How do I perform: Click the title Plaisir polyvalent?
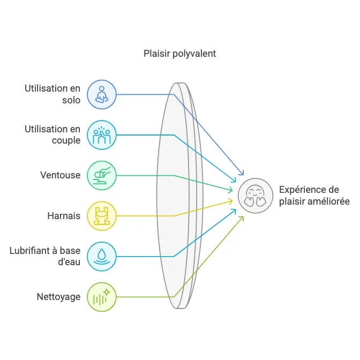pyautogui.click(x=179, y=54)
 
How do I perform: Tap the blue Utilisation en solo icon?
pyautogui.click(x=101, y=94)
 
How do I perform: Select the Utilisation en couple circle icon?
pyautogui.click(x=101, y=135)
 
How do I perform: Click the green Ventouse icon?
pyautogui.click(x=101, y=175)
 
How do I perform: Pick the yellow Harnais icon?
pyautogui.click(x=101, y=216)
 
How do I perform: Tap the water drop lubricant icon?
pyautogui.click(x=101, y=256)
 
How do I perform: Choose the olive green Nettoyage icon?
pyautogui.click(x=101, y=297)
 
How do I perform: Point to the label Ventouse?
pyautogui.click(x=60, y=175)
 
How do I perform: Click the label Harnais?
pyautogui.click(x=64, y=216)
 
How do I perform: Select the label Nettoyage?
pyautogui.click(x=58, y=297)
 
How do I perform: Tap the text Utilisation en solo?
pyautogui.click(x=52, y=94)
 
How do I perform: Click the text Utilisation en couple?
pyautogui.click(x=52, y=135)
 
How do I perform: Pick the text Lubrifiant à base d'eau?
pyautogui.click(x=45, y=256)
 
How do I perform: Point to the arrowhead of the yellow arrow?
pyautogui.click(x=231, y=201)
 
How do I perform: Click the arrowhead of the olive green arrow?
pyautogui.click(x=242, y=217)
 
